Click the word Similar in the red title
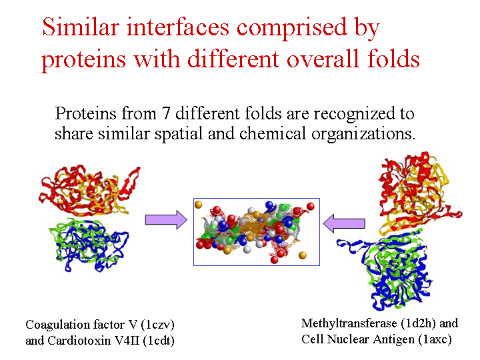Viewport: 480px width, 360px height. click(x=81, y=27)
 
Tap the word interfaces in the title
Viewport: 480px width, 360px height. click(x=178, y=27)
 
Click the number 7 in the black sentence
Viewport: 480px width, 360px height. click(x=165, y=113)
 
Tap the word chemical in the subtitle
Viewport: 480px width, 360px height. click(x=273, y=133)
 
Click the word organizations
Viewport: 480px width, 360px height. click(x=363, y=135)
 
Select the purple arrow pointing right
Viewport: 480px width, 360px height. click(x=166, y=219)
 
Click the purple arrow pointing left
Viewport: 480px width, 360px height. click(x=344, y=223)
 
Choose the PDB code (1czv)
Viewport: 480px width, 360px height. click(x=157, y=325)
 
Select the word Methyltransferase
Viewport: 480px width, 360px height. click(x=349, y=323)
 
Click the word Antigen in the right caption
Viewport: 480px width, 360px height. click(x=393, y=340)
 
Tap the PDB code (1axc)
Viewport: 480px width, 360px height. click(x=435, y=339)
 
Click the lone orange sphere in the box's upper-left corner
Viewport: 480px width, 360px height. click(x=199, y=205)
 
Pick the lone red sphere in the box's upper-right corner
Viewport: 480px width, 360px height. click(x=311, y=206)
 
